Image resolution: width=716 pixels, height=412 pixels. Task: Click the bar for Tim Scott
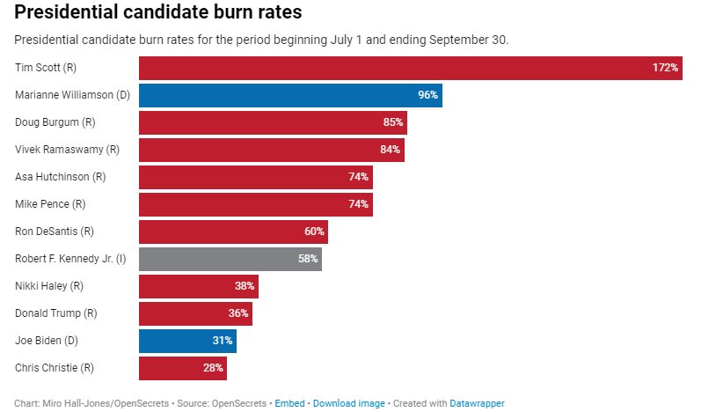click(x=410, y=68)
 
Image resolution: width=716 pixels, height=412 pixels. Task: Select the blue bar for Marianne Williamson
click(x=290, y=95)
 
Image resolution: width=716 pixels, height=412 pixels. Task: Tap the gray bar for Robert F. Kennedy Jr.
click(x=230, y=259)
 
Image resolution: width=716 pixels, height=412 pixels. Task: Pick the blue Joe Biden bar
click(x=187, y=341)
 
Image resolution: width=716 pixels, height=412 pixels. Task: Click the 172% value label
click(x=665, y=68)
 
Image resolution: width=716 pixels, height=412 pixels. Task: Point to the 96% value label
click(x=427, y=95)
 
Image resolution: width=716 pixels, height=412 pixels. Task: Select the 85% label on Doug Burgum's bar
click(x=392, y=122)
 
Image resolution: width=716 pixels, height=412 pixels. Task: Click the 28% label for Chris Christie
click(x=213, y=368)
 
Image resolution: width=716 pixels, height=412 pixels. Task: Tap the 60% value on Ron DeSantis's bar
click(x=314, y=232)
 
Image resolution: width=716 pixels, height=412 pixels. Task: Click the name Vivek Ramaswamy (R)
click(x=68, y=150)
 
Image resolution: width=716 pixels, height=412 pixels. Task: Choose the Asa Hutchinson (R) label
click(x=61, y=177)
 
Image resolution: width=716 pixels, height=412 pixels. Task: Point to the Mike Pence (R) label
click(x=50, y=204)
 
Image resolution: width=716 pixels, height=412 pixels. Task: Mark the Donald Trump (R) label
click(x=56, y=313)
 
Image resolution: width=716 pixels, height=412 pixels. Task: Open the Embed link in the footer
click(x=290, y=403)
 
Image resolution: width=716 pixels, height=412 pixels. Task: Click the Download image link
click(x=349, y=403)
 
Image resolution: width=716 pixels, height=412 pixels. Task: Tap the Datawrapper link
click(x=477, y=403)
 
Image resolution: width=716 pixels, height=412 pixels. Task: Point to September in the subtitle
click(x=452, y=40)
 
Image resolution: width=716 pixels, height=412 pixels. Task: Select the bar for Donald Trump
click(x=195, y=313)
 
